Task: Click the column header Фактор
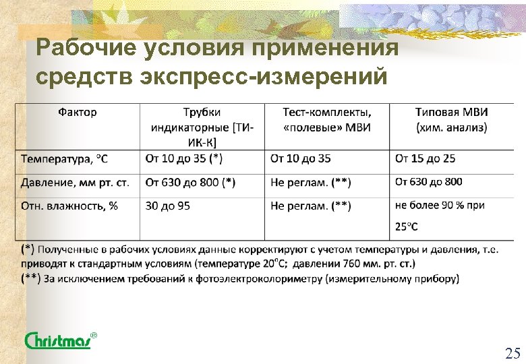coord(77,112)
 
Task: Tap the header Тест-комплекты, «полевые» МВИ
coord(326,119)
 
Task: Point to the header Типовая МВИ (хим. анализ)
coord(451,119)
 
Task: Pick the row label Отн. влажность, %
coord(69,206)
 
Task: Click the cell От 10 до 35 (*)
coord(184,159)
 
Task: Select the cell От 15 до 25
coord(425,159)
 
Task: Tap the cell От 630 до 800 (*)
coord(191,182)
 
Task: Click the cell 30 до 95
coord(168,206)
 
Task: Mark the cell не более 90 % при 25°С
coord(440,215)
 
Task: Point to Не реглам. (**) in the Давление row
coord(310,182)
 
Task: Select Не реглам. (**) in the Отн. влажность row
coord(310,206)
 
